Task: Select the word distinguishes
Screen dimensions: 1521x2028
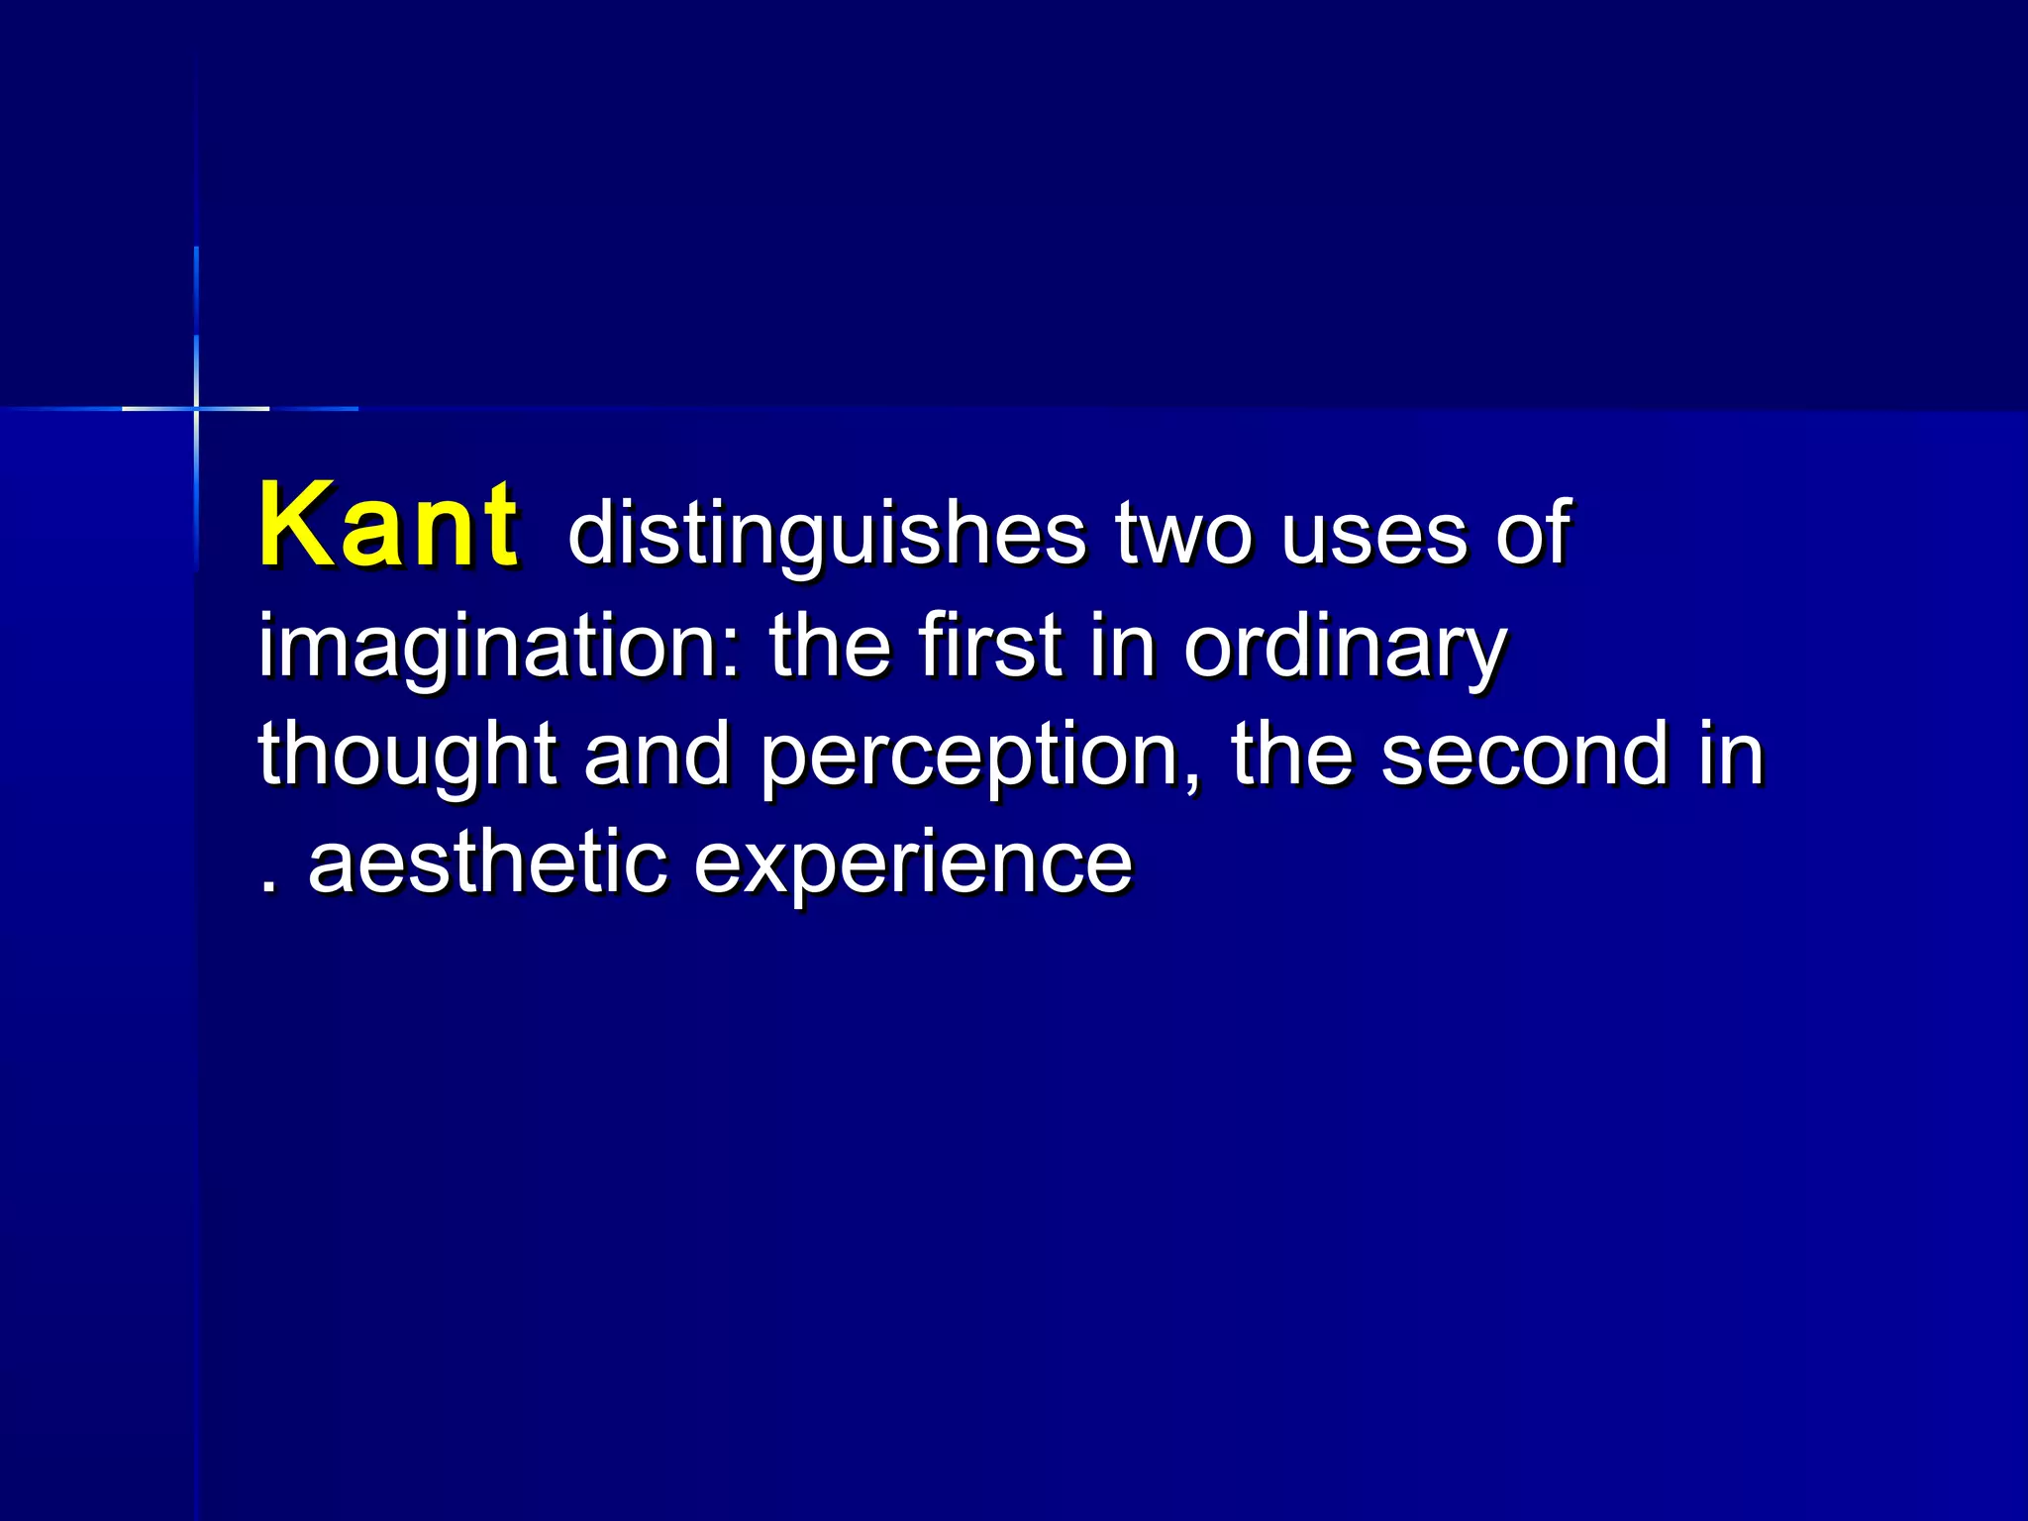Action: point(827,535)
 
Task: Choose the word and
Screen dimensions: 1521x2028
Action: point(656,755)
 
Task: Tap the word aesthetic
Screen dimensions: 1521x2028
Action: point(487,862)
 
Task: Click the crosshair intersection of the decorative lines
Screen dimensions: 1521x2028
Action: point(196,408)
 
